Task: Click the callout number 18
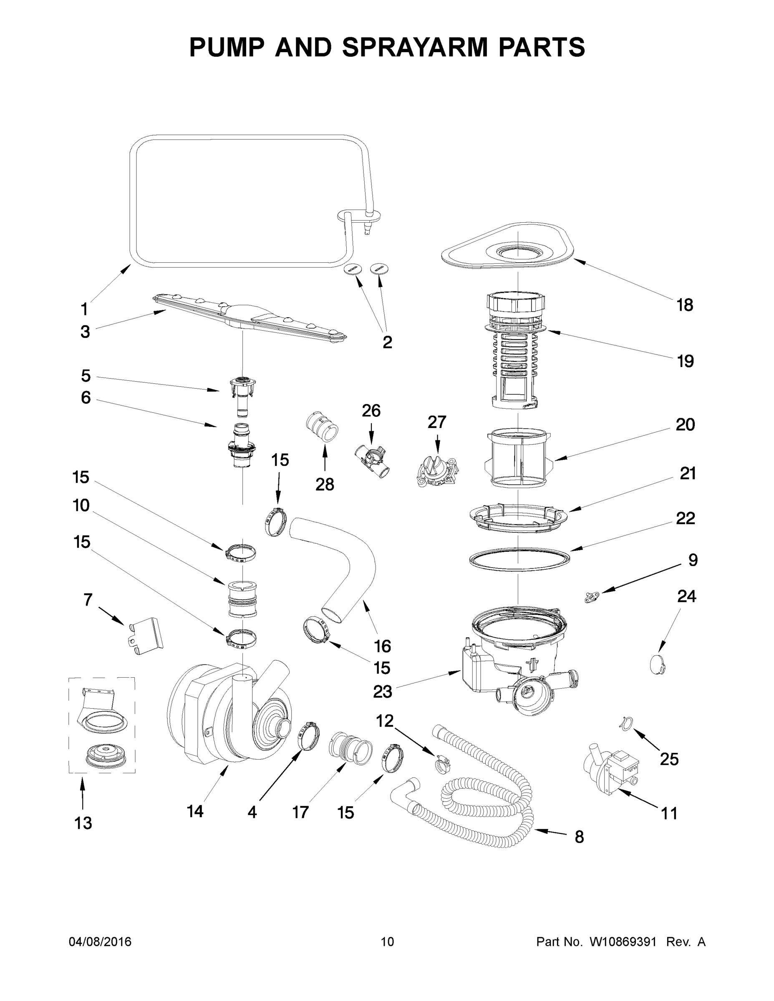(x=685, y=305)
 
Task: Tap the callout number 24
(x=686, y=596)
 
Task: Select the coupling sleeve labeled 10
(x=241, y=598)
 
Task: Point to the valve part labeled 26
(x=372, y=461)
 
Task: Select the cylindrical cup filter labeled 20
(x=518, y=458)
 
